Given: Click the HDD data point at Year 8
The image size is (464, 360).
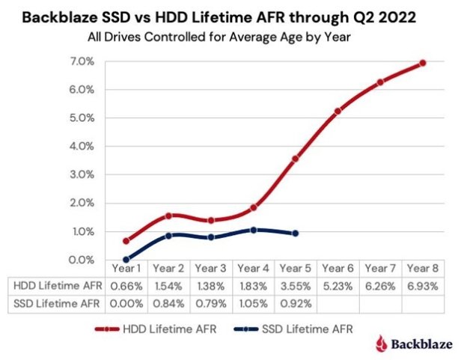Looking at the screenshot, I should tap(423, 63).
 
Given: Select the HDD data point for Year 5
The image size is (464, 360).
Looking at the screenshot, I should tap(296, 159).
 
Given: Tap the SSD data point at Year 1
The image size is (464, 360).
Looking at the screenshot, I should tap(126, 260).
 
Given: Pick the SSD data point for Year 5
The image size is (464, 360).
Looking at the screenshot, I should tap(296, 234).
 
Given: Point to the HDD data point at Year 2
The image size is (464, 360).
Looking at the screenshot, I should tap(168, 216).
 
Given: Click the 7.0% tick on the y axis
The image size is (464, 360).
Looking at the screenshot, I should tap(82, 61).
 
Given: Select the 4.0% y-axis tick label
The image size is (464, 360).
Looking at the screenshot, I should tap(82, 146).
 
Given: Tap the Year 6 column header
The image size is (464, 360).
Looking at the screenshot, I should tap(338, 269).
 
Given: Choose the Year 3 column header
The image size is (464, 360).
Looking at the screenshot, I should tap(211, 269).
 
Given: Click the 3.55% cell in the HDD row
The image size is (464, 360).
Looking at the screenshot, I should tap(296, 286).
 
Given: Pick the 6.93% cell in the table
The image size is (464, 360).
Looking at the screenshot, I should tap(423, 286).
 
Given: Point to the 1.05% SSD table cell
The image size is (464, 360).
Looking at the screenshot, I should tap(254, 303).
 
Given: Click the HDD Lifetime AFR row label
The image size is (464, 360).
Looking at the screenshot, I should tap(58, 286).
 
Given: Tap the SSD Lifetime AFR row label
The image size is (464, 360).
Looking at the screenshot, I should tap(58, 303).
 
